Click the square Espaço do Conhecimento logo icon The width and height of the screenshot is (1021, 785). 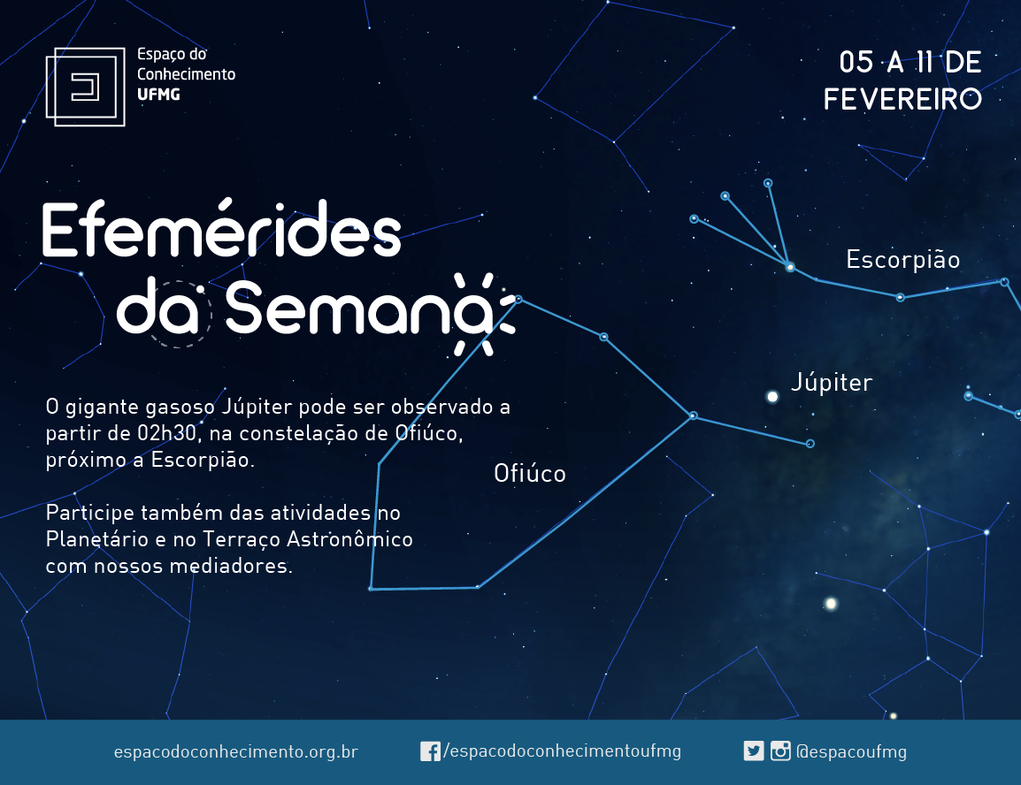(x=85, y=87)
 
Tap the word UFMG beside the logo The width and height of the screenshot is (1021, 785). (x=158, y=95)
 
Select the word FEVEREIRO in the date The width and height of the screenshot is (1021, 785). (x=902, y=100)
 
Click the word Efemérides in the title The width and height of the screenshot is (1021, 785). (x=221, y=230)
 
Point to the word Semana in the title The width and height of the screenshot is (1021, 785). (x=360, y=309)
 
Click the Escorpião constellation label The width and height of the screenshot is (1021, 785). (x=903, y=260)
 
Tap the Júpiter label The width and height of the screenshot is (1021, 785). (x=832, y=383)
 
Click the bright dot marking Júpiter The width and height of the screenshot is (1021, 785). (x=772, y=397)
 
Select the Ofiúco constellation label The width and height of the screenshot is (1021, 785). (x=530, y=474)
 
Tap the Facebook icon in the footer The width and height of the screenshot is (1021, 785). (x=430, y=751)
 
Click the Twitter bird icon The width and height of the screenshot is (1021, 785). (x=754, y=751)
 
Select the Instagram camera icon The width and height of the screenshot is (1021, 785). (x=780, y=751)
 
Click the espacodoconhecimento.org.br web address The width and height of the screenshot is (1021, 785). (x=235, y=751)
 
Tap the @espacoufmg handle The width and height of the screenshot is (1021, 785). (x=852, y=751)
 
